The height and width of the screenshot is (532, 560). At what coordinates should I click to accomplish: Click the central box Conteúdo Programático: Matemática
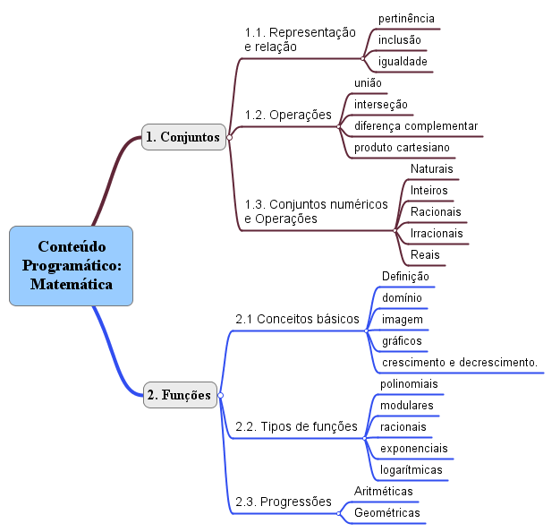pyautogui.click(x=71, y=266)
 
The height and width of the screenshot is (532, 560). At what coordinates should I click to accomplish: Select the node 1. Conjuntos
pyautogui.click(x=183, y=137)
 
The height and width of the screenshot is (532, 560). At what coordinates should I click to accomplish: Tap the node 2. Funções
pyautogui.click(x=180, y=395)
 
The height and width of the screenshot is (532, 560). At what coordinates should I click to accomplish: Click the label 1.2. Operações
pyautogui.click(x=288, y=116)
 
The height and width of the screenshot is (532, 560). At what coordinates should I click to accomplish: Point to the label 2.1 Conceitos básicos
pyautogui.click(x=297, y=319)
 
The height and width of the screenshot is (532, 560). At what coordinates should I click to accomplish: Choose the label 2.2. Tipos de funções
pyautogui.click(x=296, y=426)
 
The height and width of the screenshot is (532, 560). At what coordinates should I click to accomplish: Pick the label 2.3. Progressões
pyautogui.click(x=284, y=502)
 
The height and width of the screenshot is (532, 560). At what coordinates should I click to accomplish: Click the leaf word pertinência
pyautogui.click(x=406, y=19)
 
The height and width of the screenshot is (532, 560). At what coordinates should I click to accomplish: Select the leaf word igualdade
pyautogui.click(x=403, y=62)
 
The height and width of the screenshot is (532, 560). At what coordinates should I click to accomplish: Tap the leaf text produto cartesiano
pyautogui.click(x=402, y=148)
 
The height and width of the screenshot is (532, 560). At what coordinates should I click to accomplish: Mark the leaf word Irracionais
pyautogui.click(x=437, y=234)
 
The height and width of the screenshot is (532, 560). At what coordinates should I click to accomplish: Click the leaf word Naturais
pyautogui.click(x=431, y=168)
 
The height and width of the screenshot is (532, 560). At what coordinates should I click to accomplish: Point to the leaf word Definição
pyautogui.click(x=405, y=277)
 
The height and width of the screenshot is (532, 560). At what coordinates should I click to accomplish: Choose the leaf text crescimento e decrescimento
pyautogui.click(x=460, y=363)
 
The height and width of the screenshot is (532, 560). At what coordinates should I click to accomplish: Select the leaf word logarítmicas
pyautogui.click(x=412, y=470)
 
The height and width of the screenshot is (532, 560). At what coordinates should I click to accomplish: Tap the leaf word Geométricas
pyautogui.click(x=386, y=512)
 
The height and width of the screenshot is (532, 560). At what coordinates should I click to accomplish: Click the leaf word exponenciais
pyautogui.click(x=413, y=449)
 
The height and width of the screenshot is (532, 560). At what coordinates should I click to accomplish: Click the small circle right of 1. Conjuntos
pyautogui.click(x=229, y=137)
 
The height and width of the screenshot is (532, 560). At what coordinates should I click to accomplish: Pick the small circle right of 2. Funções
pyautogui.click(x=220, y=395)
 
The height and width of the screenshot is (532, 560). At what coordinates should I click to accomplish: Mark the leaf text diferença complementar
pyautogui.click(x=416, y=126)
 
